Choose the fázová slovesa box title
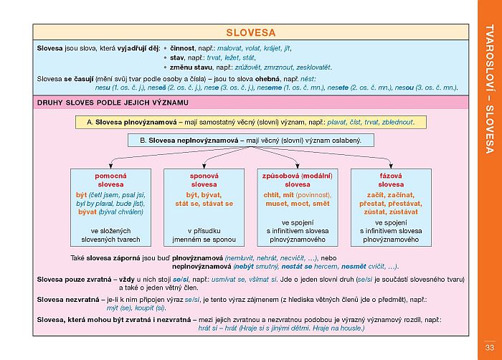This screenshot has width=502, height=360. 390,180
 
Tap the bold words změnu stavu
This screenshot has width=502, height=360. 191,67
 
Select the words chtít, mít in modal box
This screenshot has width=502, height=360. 280,194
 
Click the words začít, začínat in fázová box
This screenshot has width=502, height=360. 390,194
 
